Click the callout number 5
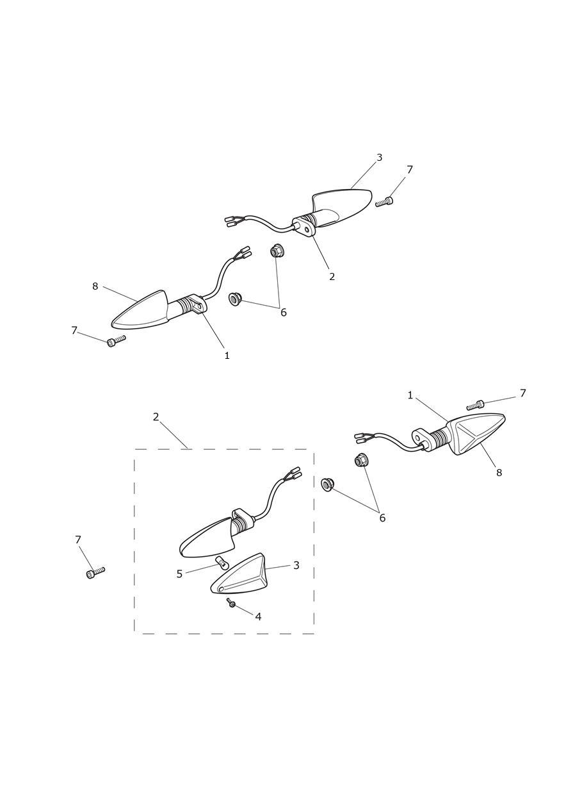click(179, 574)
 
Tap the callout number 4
click(258, 616)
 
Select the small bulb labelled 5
click(222, 563)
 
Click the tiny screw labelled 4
click(231, 603)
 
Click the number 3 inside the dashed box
click(296, 565)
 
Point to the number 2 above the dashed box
click(156, 417)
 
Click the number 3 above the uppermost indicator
click(380, 157)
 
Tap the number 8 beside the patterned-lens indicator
click(499, 472)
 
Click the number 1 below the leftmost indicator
click(227, 356)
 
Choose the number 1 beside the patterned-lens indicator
click(410, 395)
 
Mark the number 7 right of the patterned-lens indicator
click(522, 393)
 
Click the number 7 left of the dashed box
click(78, 540)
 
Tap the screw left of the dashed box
click(95, 572)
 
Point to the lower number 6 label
click(382, 518)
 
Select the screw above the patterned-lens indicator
click(476, 405)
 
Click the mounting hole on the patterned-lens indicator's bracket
click(419, 436)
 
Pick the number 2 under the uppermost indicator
click(332, 276)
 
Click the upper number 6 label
click(284, 313)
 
